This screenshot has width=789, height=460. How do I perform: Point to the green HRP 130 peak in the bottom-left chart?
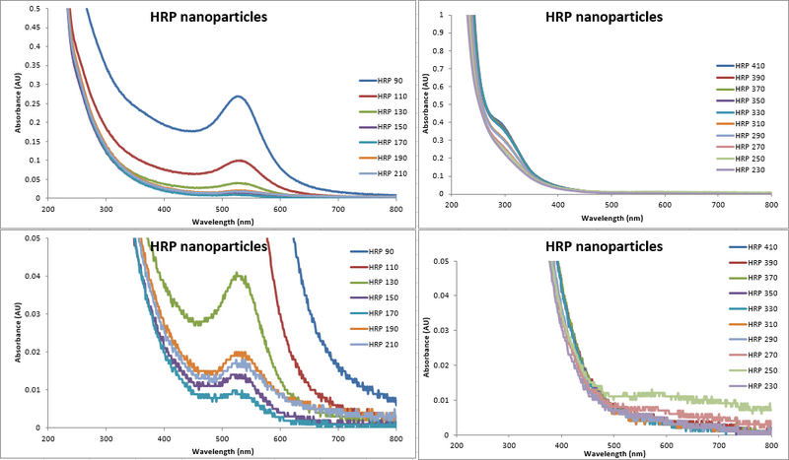pyautogui.click(x=238, y=276)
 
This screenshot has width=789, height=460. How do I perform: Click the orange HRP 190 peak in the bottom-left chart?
pyautogui.click(x=238, y=352)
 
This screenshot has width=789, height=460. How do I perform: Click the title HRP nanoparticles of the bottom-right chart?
pyautogui.click(x=605, y=246)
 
